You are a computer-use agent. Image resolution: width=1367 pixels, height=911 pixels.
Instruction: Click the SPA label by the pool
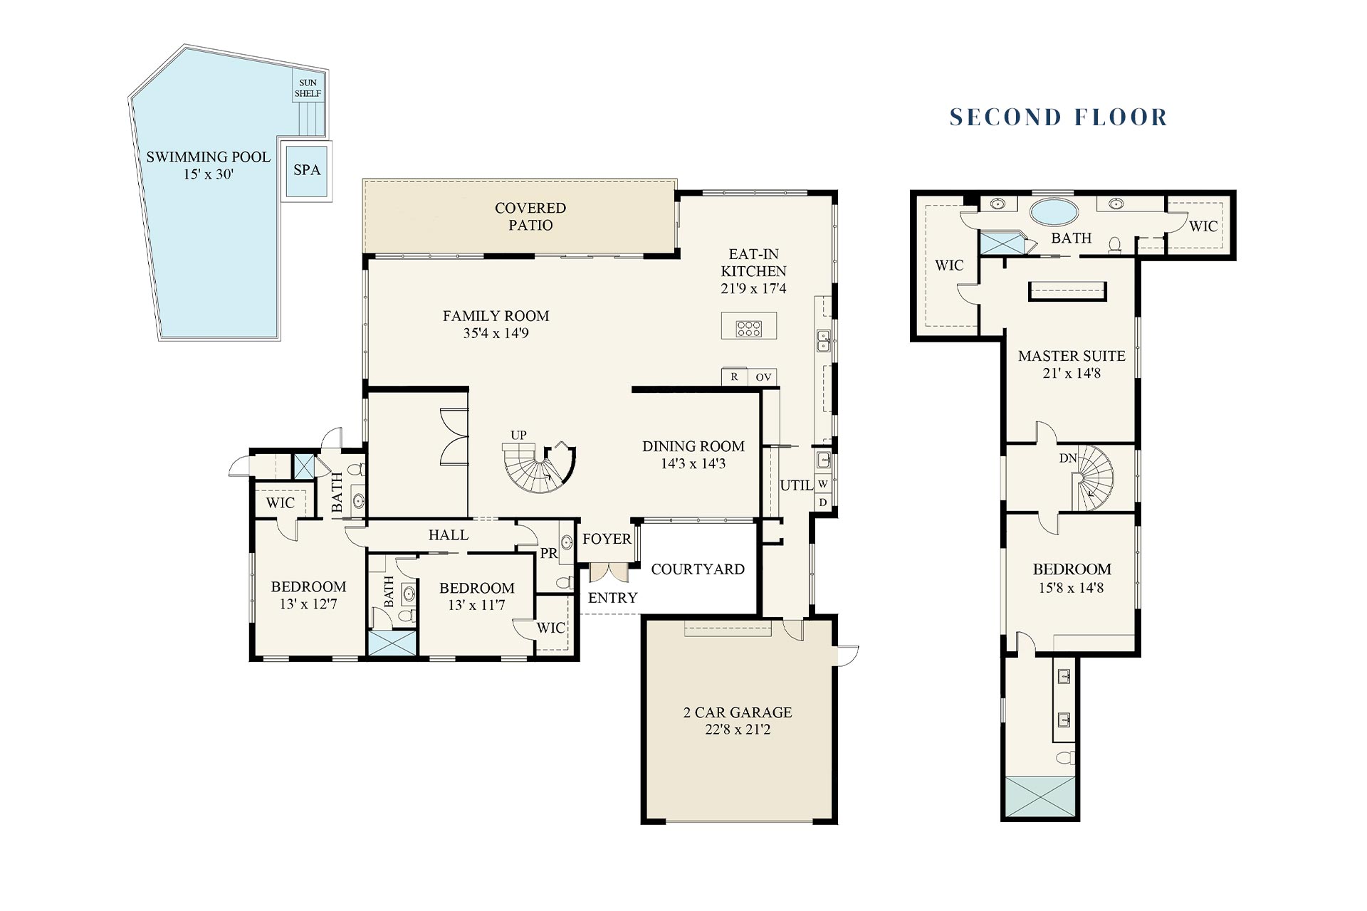pos(307,170)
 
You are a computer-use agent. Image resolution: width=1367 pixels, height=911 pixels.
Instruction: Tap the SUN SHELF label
pos(308,88)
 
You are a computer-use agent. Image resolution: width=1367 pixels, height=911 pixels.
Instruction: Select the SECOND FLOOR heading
pos(1059,117)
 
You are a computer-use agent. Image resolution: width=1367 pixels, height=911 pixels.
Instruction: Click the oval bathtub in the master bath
pos(1054,212)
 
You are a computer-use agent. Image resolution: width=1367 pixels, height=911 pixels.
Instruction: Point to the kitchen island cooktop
pos(749,328)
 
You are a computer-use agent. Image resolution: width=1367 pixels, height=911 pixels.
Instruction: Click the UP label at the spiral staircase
pos(518,435)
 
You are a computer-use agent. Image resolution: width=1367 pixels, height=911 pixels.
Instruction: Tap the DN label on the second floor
pos(1068,458)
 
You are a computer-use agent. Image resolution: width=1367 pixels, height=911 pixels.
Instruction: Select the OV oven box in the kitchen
pos(763,377)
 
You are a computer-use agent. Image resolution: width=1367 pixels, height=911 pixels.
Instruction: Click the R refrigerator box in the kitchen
pos(734,377)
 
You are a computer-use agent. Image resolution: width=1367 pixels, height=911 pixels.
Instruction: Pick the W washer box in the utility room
pos(823,484)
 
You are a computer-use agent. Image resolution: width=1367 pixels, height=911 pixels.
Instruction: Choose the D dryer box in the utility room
pos(823,502)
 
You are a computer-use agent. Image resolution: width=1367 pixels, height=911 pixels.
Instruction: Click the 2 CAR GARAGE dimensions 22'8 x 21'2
pos(738,730)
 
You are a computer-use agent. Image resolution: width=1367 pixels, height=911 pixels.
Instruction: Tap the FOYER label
pos(607,539)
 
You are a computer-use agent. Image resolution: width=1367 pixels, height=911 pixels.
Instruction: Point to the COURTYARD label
pos(698,569)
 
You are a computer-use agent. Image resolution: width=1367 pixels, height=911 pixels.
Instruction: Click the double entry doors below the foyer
pos(609,572)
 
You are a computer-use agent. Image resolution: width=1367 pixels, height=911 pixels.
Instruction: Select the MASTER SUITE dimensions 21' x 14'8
pos(1072,373)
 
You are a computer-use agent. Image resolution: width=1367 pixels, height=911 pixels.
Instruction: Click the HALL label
pos(449,535)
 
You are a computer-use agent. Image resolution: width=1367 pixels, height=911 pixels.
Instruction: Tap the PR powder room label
pos(548,553)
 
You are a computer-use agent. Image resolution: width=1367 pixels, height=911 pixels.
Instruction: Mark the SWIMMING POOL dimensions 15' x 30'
pos(209,174)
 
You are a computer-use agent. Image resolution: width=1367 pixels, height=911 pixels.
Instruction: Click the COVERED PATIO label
pos(530,216)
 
